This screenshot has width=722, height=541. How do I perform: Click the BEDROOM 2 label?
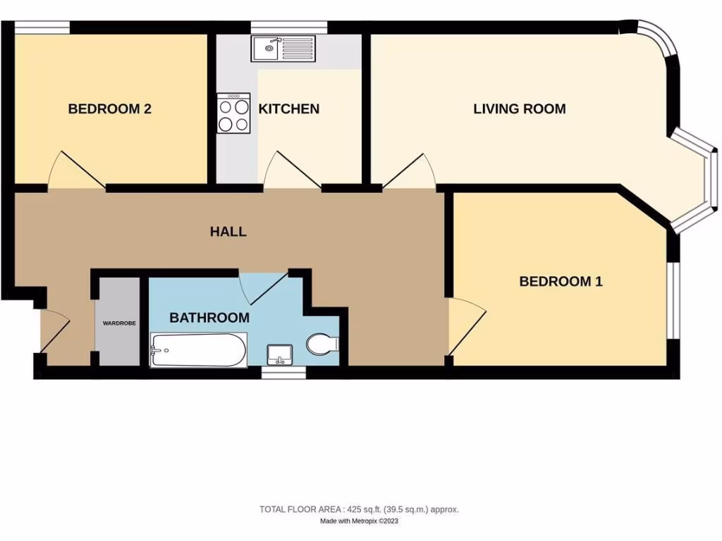click(109, 109)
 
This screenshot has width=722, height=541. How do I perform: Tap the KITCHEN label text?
click(288, 109)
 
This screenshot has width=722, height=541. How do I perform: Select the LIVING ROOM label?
click(519, 109)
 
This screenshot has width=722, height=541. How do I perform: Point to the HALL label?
click(228, 232)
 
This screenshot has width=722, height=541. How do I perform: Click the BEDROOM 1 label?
click(561, 282)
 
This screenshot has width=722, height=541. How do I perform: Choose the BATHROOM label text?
click(209, 318)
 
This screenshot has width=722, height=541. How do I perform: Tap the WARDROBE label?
click(119, 323)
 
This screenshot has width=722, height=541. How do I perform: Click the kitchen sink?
click(285, 49)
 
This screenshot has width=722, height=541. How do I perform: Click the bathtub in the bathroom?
click(198, 349)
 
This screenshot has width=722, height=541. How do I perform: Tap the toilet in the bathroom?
click(323, 344)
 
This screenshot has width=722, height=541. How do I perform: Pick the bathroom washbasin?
click(279, 354)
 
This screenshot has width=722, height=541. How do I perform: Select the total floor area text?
click(359, 509)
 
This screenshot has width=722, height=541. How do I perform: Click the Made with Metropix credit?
click(359, 522)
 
